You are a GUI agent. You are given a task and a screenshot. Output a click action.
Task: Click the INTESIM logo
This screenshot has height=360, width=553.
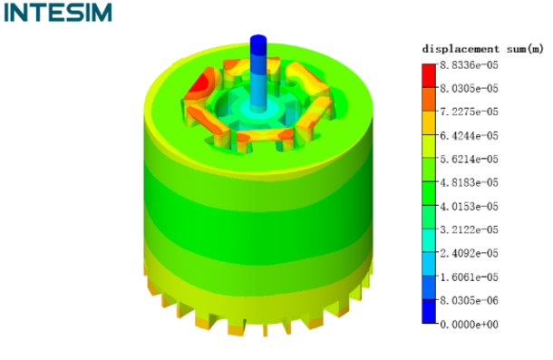coord(58,13)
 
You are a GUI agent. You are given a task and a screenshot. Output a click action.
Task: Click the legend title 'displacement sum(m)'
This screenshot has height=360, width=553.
coord(483,49)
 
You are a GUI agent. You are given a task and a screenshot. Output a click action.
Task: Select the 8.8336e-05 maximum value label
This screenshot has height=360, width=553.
coord(469,65)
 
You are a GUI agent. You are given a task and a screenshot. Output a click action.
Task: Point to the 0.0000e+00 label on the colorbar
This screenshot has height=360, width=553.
coord(469,325)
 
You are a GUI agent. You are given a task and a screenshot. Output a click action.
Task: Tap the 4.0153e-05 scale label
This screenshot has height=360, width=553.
coord(469,207)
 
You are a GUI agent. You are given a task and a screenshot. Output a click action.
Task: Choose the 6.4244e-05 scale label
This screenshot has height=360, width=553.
coord(469,135)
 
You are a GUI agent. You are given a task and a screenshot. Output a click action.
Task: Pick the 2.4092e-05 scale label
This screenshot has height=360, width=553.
coord(469,253)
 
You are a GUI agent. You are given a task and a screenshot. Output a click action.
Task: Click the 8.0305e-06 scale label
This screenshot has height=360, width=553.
coord(469,301)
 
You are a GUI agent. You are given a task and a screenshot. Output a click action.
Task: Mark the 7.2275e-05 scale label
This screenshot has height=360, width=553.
coord(469,112)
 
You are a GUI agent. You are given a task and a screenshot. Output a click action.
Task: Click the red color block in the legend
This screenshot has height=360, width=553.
coord(429,75)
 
